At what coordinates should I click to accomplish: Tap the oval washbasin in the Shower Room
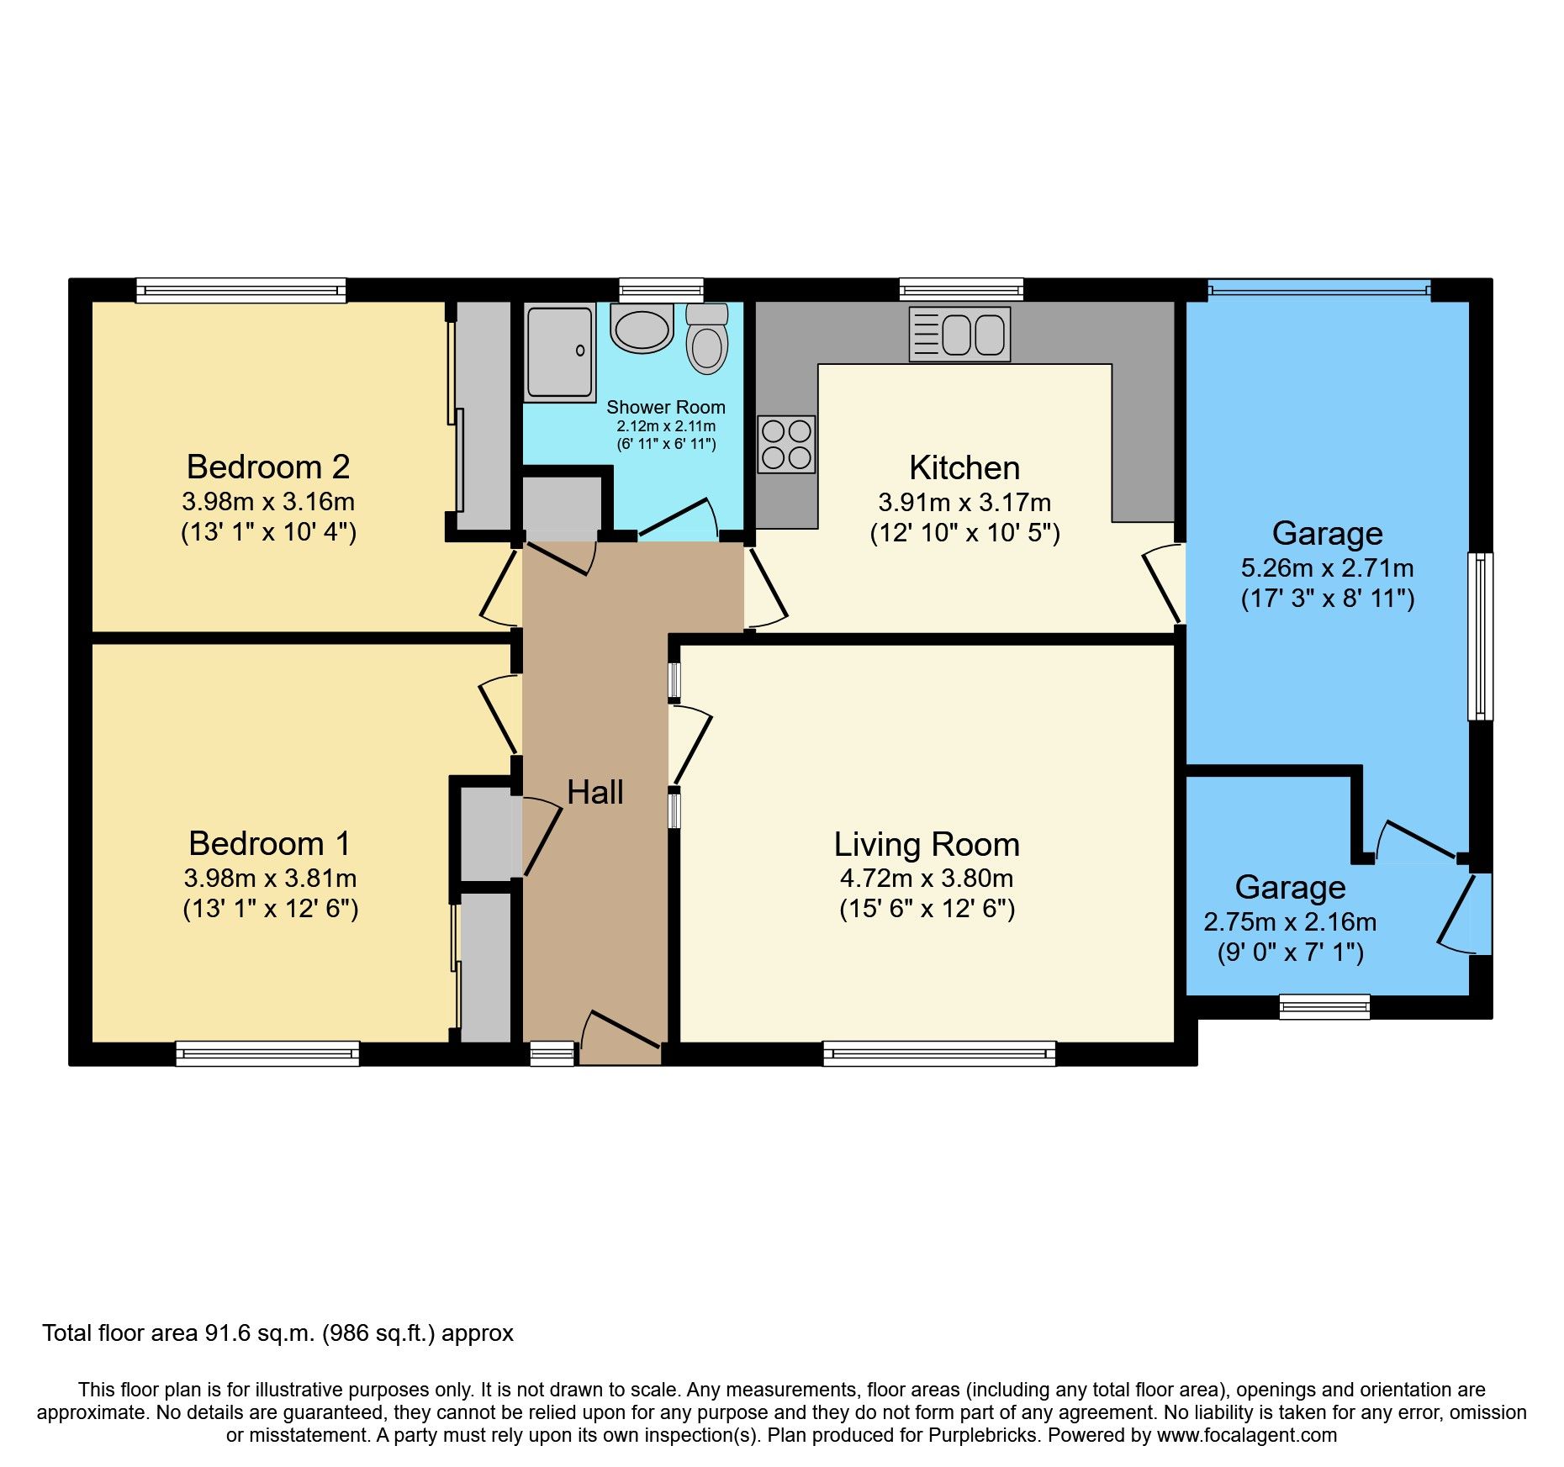(642, 330)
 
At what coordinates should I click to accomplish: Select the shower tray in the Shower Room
(559, 352)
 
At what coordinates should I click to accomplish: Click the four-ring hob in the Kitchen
(786, 444)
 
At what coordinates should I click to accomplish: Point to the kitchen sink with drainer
(959, 335)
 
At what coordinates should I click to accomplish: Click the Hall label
(594, 792)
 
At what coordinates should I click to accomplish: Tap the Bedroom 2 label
(268, 467)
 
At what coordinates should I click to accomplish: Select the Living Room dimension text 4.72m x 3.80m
(927, 879)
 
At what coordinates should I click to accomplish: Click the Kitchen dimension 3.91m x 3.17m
(964, 503)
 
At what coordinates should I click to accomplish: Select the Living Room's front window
(938, 1053)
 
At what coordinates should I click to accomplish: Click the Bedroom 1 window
(267, 1053)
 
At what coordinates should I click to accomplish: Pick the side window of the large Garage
(1480, 636)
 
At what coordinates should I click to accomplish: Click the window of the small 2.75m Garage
(1324, 1006)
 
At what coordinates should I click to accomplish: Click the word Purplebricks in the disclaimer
(982, 1435)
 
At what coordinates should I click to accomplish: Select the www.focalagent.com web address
(1247, 1435)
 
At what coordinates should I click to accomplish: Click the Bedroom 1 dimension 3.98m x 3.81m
(270, 879)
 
